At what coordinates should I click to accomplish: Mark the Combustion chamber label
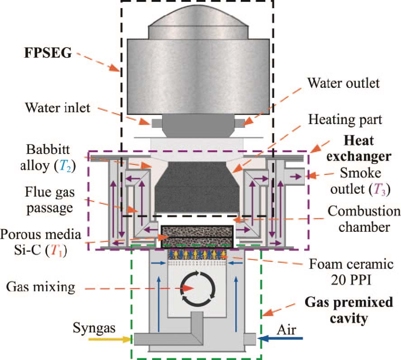[360, 219]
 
